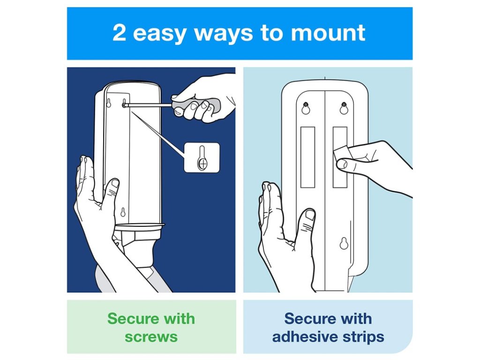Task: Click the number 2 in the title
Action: click(x=119, y=32)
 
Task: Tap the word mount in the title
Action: click(x=328, y=33)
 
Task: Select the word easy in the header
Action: click(x=160, y=34)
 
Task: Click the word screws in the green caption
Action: click(x=151, y=337)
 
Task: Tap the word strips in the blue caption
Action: click(x=363, y=337)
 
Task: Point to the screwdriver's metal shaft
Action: click(x=149, y=105)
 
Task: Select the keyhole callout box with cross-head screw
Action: click(x=202, y=157)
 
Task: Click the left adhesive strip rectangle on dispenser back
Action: click(x=307, y=157)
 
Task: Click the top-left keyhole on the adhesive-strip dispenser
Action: click(x=306, y=108)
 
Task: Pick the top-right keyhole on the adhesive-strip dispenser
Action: click(x=344, y=108)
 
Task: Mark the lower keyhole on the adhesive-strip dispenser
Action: click(x=344, y=243)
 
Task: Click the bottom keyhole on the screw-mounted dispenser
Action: click(x=123, y=212)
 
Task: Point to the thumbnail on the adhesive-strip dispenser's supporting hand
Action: click(x=310, y=214)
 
